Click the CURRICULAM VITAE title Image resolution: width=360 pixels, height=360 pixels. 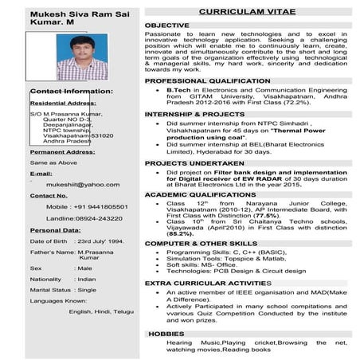(x=248, y=13)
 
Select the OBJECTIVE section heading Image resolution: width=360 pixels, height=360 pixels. (x=166, y=25)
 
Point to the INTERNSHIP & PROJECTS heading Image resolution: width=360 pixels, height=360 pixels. (x=194, y=114)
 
